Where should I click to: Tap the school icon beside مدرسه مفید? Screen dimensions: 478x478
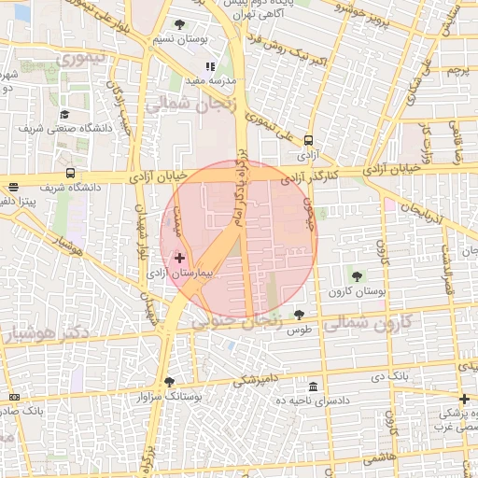[x=210, y=67]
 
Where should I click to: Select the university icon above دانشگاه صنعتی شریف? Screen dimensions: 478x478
[x=64, y=114]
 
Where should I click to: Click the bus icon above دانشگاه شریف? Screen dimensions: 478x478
[x=71, y=173]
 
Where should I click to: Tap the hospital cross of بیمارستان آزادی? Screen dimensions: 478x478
[x=180, y=257]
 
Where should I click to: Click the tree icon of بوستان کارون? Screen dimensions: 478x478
[x=356, y=275]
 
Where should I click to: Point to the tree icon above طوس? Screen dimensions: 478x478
[x=299, y=315]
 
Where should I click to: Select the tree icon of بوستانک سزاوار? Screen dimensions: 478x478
[x=169, y=381]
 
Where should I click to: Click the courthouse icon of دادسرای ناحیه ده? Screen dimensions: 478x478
[x=312, y=387]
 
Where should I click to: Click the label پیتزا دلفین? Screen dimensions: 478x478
[x=19, y=201]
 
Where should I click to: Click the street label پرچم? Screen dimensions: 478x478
[x=456, y=71]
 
